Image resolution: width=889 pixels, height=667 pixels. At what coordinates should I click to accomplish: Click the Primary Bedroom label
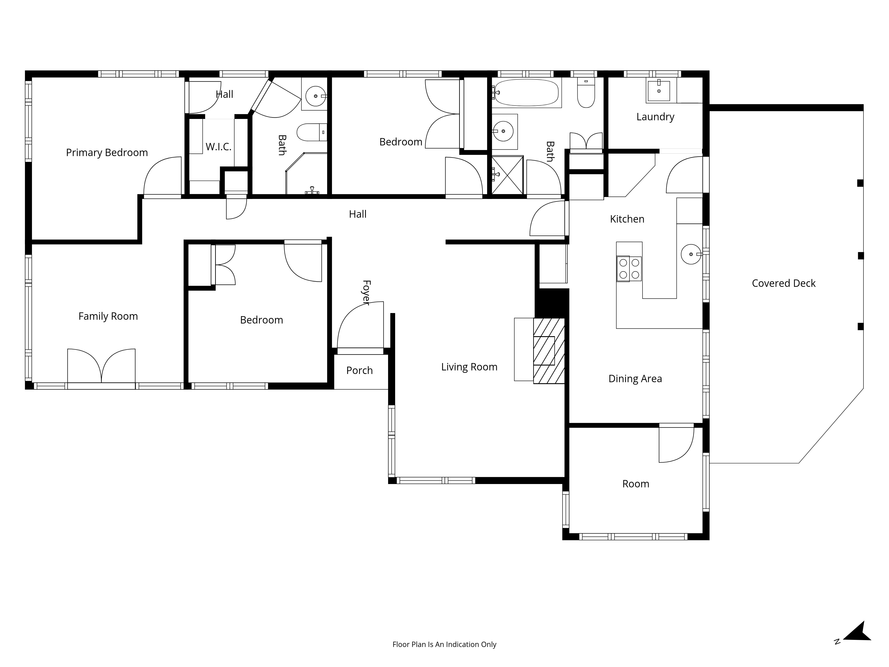pos(107,153)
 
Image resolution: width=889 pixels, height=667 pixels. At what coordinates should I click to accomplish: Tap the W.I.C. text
pos(219,147)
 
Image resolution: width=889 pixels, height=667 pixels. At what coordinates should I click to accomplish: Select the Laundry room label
pos(655,117)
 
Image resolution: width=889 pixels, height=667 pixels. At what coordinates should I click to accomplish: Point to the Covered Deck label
pos(784,283)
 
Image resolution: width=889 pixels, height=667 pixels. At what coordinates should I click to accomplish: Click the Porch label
pos(360,370)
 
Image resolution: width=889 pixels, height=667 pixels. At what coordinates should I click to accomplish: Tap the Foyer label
pos(366,293)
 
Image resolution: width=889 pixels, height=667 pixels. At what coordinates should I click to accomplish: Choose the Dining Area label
pos(635,379)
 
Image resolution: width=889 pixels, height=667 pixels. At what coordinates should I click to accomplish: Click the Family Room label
pos(108,316)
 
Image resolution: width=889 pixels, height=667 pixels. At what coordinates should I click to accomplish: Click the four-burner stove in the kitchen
pos(629,269)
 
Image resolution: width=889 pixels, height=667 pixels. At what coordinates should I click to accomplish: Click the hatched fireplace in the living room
pos(549,351)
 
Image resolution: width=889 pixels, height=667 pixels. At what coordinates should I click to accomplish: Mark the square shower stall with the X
pos(508,175)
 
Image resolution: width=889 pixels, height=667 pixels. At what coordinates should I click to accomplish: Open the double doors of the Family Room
pos(101,366)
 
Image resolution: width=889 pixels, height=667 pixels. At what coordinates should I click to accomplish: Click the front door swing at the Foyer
pos(360,325)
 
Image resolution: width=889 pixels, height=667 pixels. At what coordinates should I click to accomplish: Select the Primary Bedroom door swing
pos(162,176)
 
